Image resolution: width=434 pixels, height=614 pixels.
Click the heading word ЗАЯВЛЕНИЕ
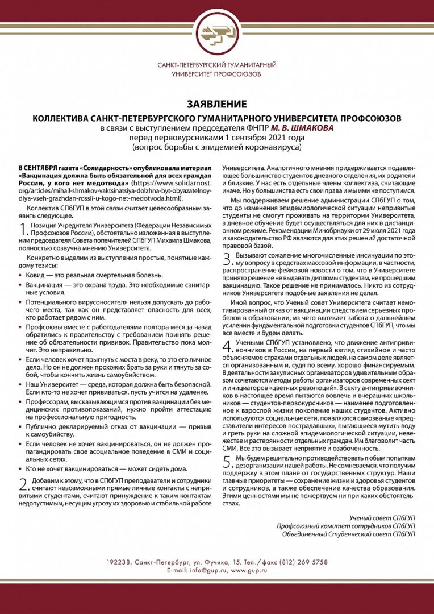click(217, 104)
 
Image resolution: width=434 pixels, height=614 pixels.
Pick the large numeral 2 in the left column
click(23, 484)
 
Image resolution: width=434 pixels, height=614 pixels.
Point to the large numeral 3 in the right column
click(227, 260)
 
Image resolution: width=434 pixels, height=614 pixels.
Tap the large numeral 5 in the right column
click(227, 461)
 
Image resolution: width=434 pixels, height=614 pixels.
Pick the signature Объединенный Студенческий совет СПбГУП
click(349, 534)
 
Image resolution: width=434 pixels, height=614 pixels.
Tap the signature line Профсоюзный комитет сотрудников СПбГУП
click(346, 525)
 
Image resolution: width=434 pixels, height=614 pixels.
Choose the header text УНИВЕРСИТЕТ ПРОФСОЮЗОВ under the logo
click(217, 74)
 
